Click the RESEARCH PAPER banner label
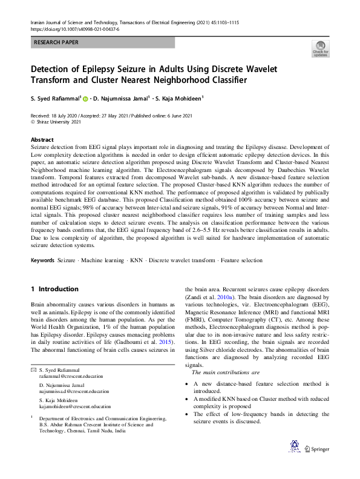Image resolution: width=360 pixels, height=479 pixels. tap(56, 42)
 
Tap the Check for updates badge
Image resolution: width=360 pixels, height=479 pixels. tap(320, 49)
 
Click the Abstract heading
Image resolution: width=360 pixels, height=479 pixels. tap(42, 139)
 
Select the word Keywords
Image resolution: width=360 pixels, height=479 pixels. tap(45, 277)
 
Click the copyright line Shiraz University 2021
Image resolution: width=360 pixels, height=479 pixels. tap(58, 121)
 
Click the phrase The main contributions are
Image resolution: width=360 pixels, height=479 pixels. tap(225, 372)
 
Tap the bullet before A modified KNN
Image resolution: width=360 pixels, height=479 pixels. tap(186, 399)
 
